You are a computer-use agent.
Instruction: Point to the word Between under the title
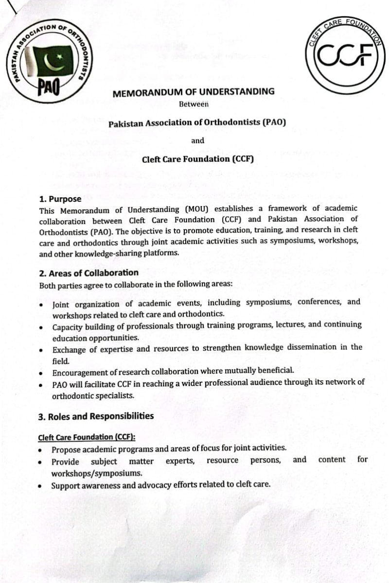[x=194, y=103]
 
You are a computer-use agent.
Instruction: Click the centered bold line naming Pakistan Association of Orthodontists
[x=197, y=123]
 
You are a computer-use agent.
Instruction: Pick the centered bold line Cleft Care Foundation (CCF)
[x=198, y=159]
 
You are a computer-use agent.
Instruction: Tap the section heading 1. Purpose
[x=60, y=199]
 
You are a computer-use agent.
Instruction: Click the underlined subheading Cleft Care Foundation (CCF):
[x=87, y=437]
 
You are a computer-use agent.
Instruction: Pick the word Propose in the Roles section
[x=66, y=448]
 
